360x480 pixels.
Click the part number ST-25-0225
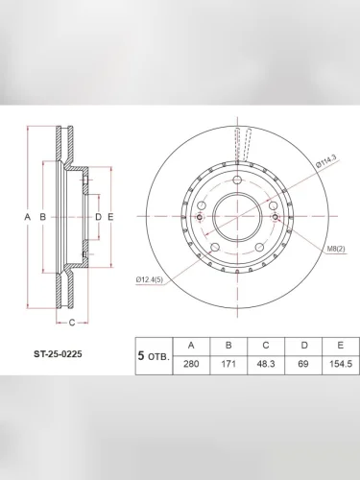coord(58,354)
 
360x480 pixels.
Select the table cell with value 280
coord(191,365)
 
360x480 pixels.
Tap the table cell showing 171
coord(228,365)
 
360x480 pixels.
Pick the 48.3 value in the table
coord(266,365)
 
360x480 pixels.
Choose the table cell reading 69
coord(303,365)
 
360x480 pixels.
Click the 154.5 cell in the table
coord(341,365)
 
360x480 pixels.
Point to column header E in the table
coord(341,346)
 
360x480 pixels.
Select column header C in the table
coord(266,346)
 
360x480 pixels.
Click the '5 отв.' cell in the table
coord(154,356)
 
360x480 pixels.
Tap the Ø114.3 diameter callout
coord(325,163)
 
